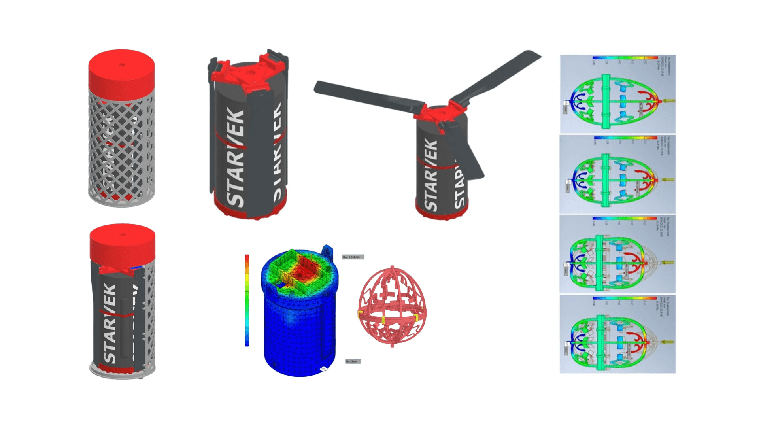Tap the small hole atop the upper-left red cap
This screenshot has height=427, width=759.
[122, 65]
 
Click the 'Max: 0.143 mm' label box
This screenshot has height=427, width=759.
[353, 257]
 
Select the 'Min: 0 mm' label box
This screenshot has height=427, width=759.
[353, 361]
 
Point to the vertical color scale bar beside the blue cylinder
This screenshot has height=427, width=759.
[247, 300]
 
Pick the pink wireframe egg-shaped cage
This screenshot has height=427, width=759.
[392, 306]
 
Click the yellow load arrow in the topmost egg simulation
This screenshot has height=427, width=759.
[668, 101]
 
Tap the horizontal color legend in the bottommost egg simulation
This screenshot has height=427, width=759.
[625, 298]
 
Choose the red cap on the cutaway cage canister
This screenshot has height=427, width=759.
[123, 243]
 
